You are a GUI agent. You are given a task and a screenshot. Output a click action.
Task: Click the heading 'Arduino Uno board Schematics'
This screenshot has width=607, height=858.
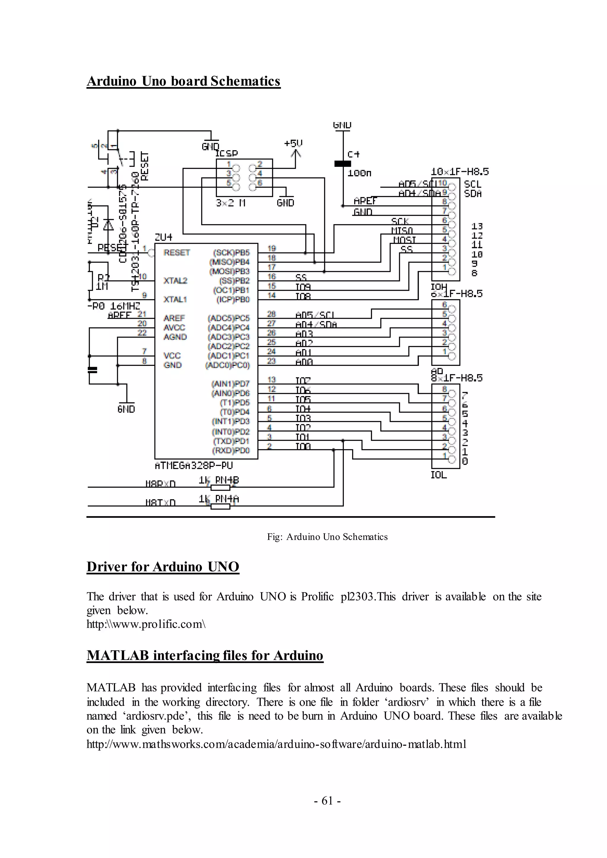coord(183,81)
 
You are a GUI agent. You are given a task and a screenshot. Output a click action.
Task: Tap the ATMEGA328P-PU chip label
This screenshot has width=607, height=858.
coord(193,466)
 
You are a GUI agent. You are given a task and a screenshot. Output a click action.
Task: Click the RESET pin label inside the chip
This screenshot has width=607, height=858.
coord(176,253)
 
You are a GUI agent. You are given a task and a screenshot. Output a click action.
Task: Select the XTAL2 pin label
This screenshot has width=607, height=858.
coord(175,281)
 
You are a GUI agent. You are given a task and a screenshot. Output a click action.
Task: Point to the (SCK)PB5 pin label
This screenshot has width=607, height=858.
coord(231,253)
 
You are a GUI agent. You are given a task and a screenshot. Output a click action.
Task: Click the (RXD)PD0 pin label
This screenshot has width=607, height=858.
coord(231,450)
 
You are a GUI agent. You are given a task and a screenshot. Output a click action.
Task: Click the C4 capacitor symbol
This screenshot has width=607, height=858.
coord(342,164)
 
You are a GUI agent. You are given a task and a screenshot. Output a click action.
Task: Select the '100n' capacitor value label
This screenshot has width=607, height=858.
coord(359,173)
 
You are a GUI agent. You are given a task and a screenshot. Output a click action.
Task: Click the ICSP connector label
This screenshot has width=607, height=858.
coord(226,153)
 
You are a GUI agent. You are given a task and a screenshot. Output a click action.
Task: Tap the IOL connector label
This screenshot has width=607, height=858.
coord(438,475)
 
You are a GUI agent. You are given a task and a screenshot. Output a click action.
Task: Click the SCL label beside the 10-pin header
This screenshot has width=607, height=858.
coord(472,184)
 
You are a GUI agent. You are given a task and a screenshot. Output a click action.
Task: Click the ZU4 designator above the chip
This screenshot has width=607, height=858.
coord(163,237)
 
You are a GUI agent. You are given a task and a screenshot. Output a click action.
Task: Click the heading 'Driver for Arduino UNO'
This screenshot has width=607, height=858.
coord(163,566)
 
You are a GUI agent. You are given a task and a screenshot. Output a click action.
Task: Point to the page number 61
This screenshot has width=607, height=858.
coord(327,801)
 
